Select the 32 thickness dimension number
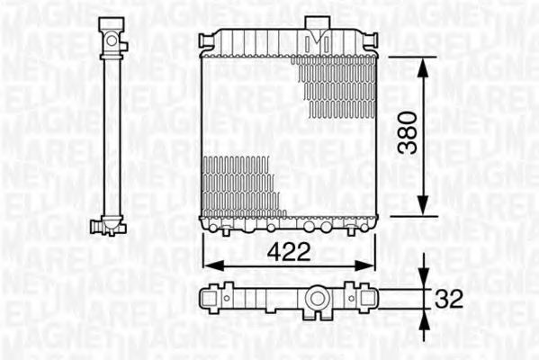(449, 297)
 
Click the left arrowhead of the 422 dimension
(209, 265)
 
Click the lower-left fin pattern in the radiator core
(239, 184)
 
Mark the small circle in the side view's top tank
(112, 40)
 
